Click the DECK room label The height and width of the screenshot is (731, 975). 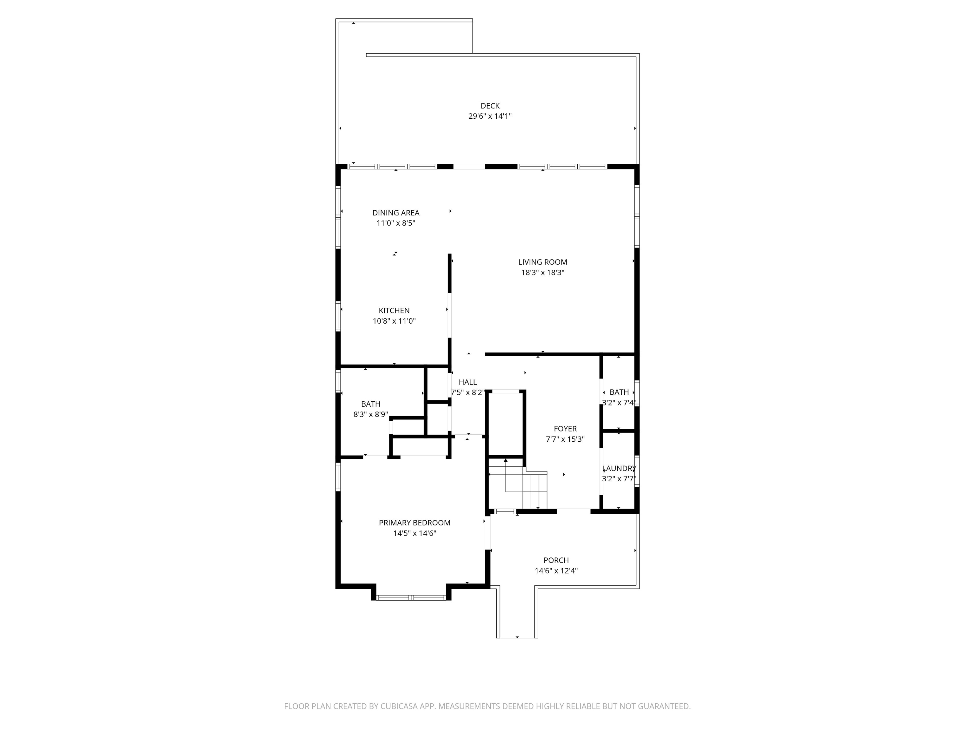click(x=490, y=106)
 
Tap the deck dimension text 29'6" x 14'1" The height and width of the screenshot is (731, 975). click(x=490, y=116)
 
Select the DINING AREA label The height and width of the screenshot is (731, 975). click(x=396, y=213)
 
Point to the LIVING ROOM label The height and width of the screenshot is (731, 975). click(x=543, y=262)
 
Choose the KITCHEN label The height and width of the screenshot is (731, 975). click(x=394, y=311)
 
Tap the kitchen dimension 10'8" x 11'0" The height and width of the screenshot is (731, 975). click(x=394, y=321)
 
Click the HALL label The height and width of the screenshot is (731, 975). click(x=468, y=382)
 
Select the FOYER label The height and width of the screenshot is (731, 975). click(x=565, y=429)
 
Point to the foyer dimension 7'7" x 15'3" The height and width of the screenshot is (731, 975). click(x=565, y=439)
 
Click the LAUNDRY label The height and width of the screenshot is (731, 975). click(x=619, y=468)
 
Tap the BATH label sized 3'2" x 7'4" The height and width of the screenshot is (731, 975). click(x=619, y=392)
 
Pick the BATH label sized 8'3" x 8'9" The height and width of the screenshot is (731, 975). click(x=371, y=404)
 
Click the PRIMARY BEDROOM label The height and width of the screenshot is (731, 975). click(x=415, y=523)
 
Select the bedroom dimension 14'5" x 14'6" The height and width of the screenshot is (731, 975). click(x=415, y=534)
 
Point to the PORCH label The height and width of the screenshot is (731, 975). click(x=556, y=561)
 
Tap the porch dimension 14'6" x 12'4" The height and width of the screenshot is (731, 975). click(x=556, y=571)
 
